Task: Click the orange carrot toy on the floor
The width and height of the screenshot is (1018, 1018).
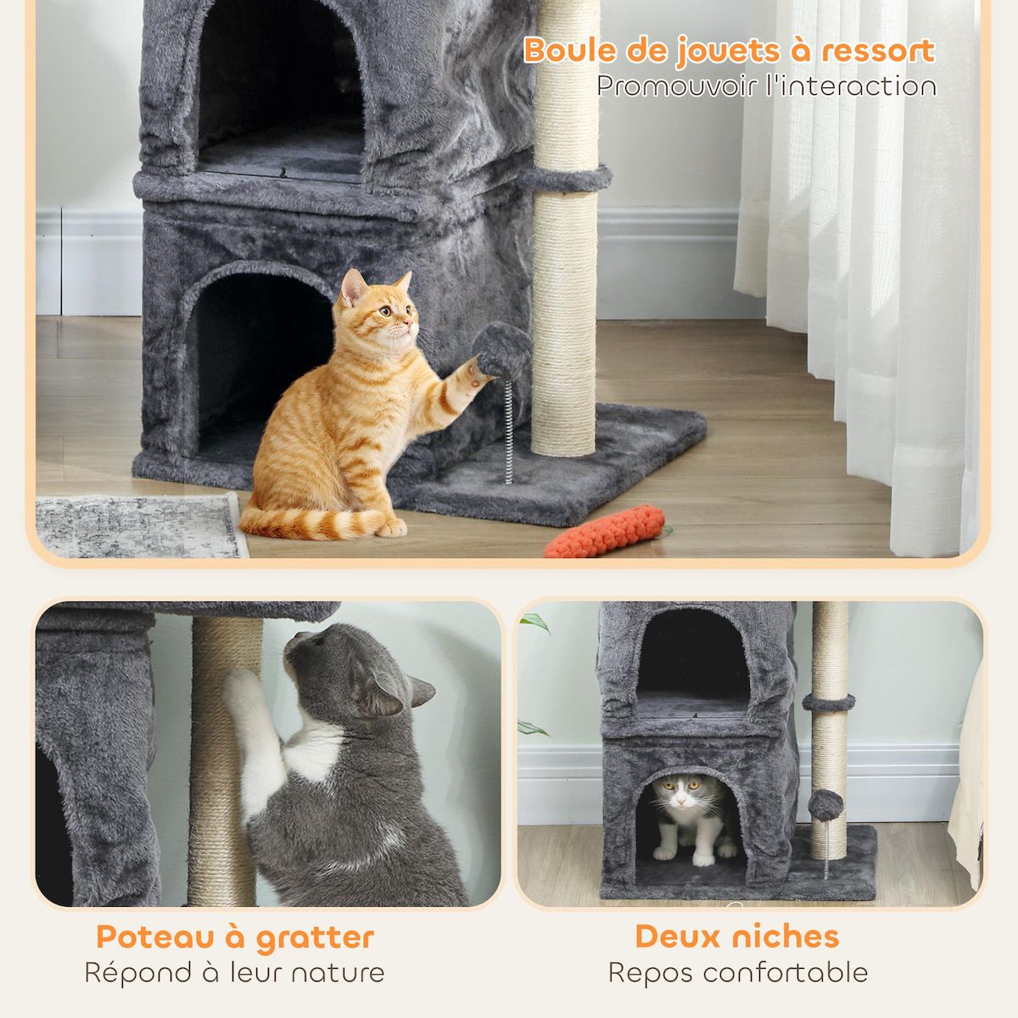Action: [x=604, y=532]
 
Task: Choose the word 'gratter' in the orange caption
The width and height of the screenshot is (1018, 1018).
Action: [x=315, y=938]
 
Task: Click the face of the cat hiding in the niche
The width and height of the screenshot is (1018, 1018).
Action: [x=685, y=795]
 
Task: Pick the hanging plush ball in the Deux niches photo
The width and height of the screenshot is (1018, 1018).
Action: [x=825, y=804]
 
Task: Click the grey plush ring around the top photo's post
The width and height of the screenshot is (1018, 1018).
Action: [x=565, y=178]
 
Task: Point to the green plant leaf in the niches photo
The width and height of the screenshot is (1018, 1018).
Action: [x=535, y=624]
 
